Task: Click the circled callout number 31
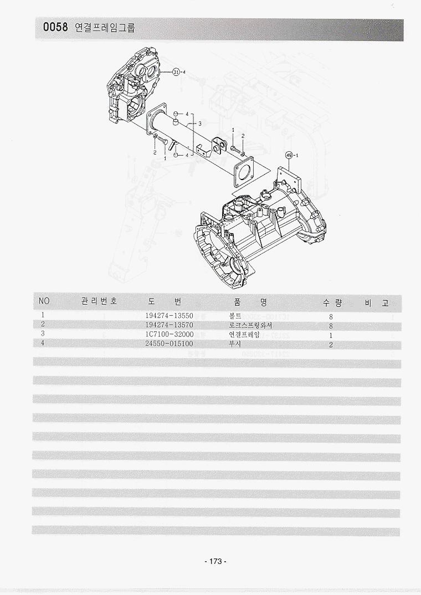[x=176, y=72]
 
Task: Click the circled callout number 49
[x=289, y=155]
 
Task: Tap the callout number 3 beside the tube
[x=200, y=124]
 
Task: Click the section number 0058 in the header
[x=55, y=27]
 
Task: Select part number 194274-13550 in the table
[x=169, y=316]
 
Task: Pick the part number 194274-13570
[x=169, y=325]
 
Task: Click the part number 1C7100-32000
[x=170, y=334]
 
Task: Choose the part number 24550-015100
[x=169, y=344]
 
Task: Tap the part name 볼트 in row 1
[x=235, y=316]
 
